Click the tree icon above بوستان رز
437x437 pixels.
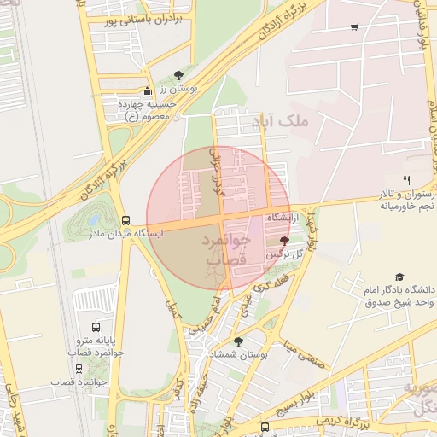[178, 75]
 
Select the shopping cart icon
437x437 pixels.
[354, 28]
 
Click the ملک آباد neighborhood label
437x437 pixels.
[315, 124]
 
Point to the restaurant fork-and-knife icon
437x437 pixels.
[406, 180]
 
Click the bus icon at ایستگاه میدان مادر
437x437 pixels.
[126, 220]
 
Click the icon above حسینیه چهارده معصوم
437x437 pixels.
[147, 91]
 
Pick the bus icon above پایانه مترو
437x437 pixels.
[96, 327]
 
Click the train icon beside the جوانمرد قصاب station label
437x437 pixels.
[79, 369]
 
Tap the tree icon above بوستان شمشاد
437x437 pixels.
[238, 341]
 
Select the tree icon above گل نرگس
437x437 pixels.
[284, 242]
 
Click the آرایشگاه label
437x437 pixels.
[286, 219]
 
